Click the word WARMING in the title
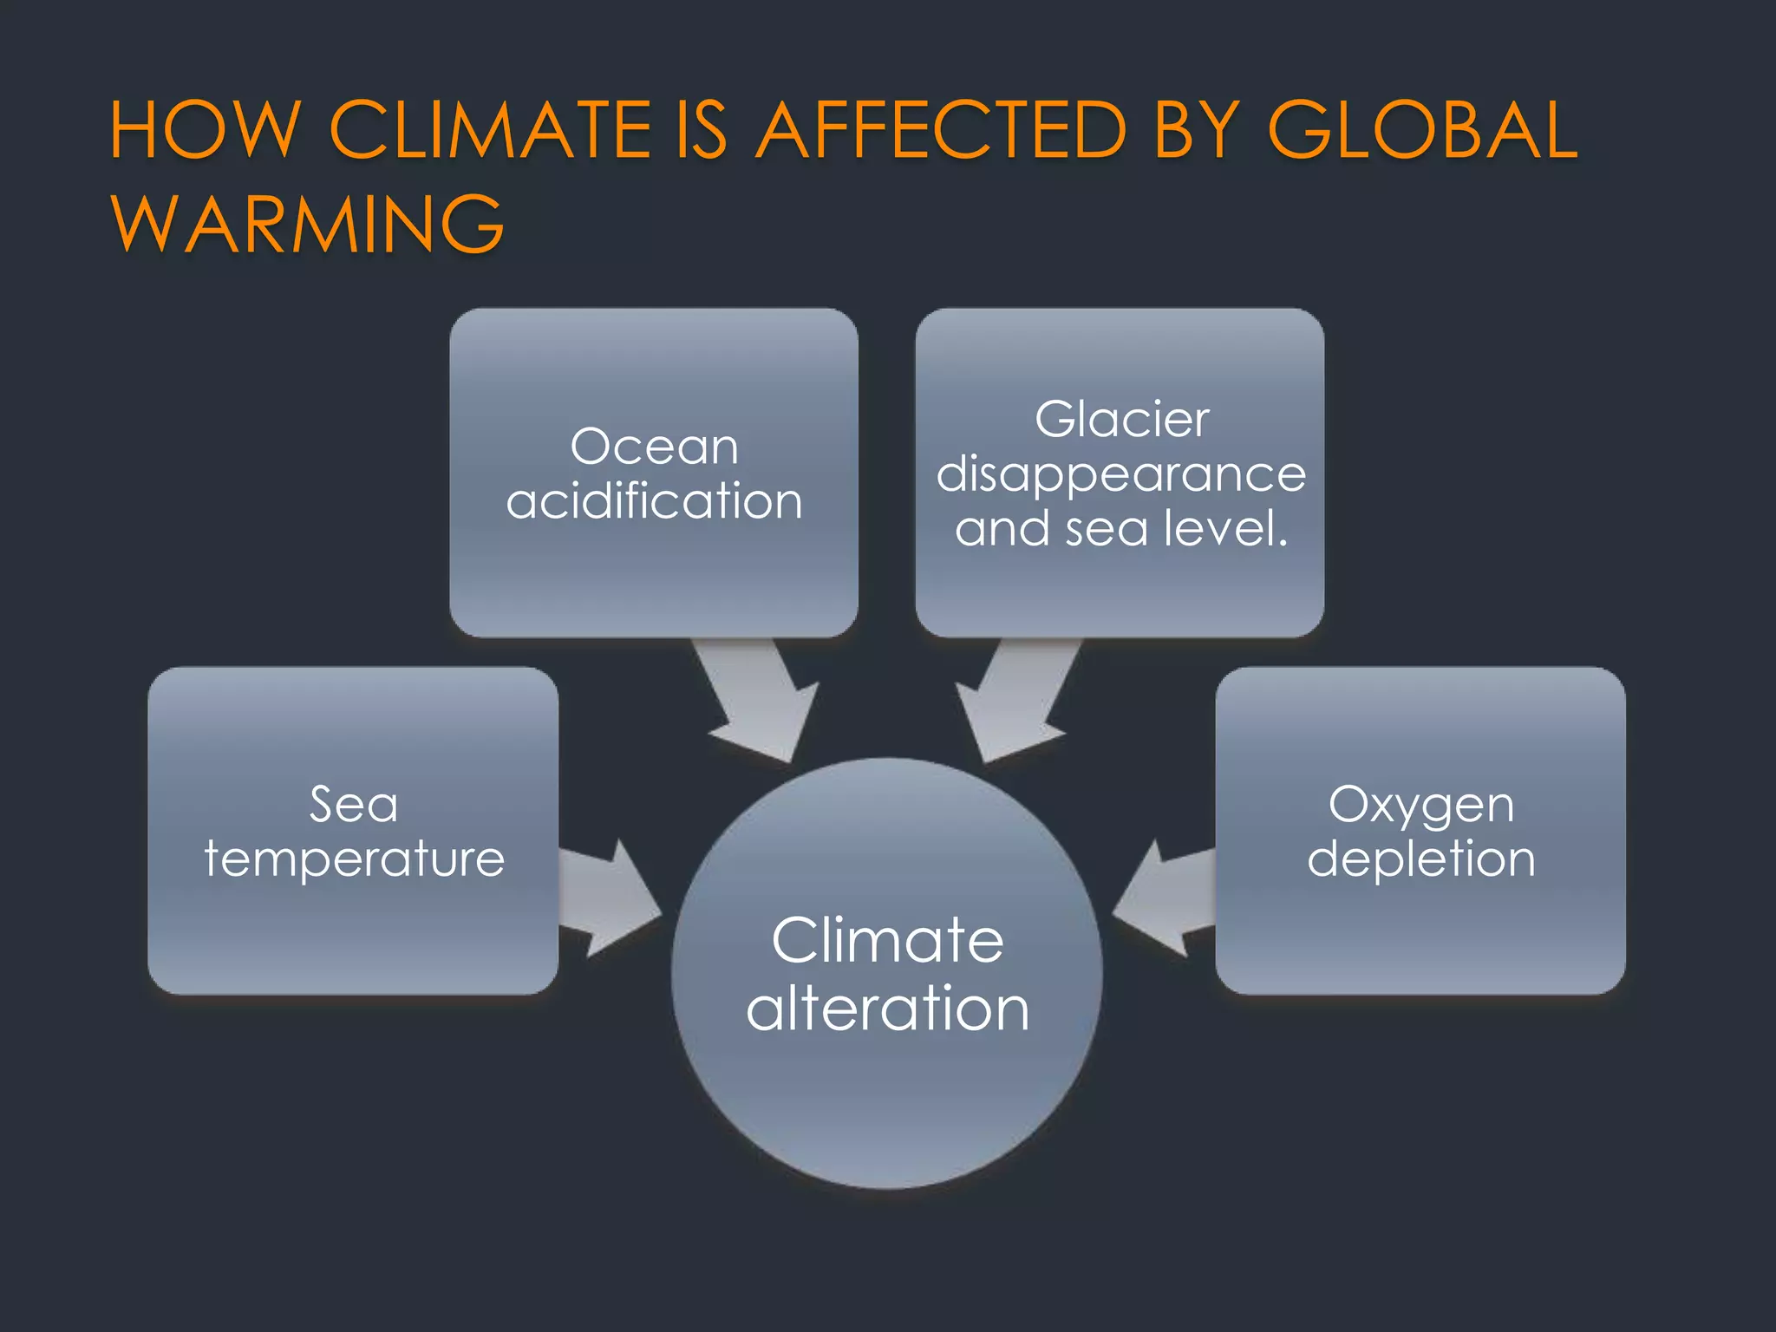pos(308,224)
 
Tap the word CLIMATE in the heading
pos(490,130)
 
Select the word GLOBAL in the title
pos(1422,130)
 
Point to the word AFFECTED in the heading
pos(941,130)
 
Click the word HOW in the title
pos(205,130)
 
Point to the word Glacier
pos(1121,421)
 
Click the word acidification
pos(654,501)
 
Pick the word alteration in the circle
pos(887,1009)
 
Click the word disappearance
pos(1120,475)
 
